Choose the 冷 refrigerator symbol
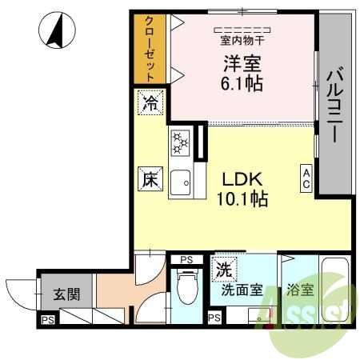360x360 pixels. click(150, 102)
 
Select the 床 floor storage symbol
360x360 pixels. click(150, 179)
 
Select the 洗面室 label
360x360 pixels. click(242, 290)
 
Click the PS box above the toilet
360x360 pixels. click(186, 258)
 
